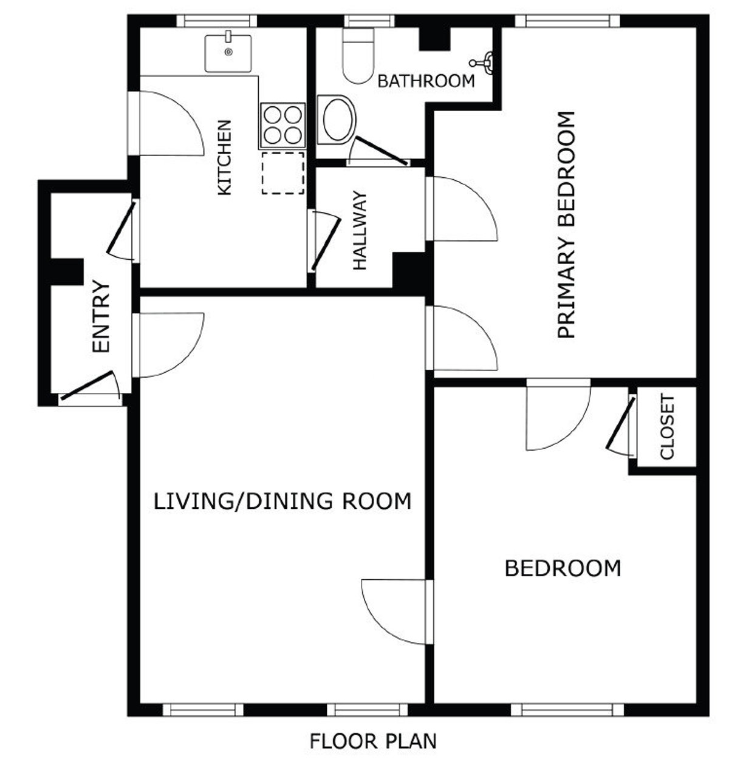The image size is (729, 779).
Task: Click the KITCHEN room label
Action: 224,157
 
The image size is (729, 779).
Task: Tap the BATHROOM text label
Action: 426,81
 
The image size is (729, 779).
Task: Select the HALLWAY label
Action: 360,230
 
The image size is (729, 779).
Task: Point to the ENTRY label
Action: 101,316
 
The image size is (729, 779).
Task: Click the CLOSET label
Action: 667,426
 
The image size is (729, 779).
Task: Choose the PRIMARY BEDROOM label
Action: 566,225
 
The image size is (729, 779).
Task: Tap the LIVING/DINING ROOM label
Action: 282,502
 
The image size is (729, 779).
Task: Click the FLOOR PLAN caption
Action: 373,741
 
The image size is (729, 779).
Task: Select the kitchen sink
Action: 228,53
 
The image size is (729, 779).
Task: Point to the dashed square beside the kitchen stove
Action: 283,173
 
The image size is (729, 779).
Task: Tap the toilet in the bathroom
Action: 358,56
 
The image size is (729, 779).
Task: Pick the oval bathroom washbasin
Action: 337,120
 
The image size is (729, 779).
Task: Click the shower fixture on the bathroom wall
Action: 482,63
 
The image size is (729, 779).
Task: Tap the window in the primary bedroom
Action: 567,21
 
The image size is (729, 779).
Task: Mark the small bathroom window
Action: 369,21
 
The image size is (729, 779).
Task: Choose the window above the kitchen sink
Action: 216,21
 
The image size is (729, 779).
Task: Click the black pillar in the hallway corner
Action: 409,270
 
